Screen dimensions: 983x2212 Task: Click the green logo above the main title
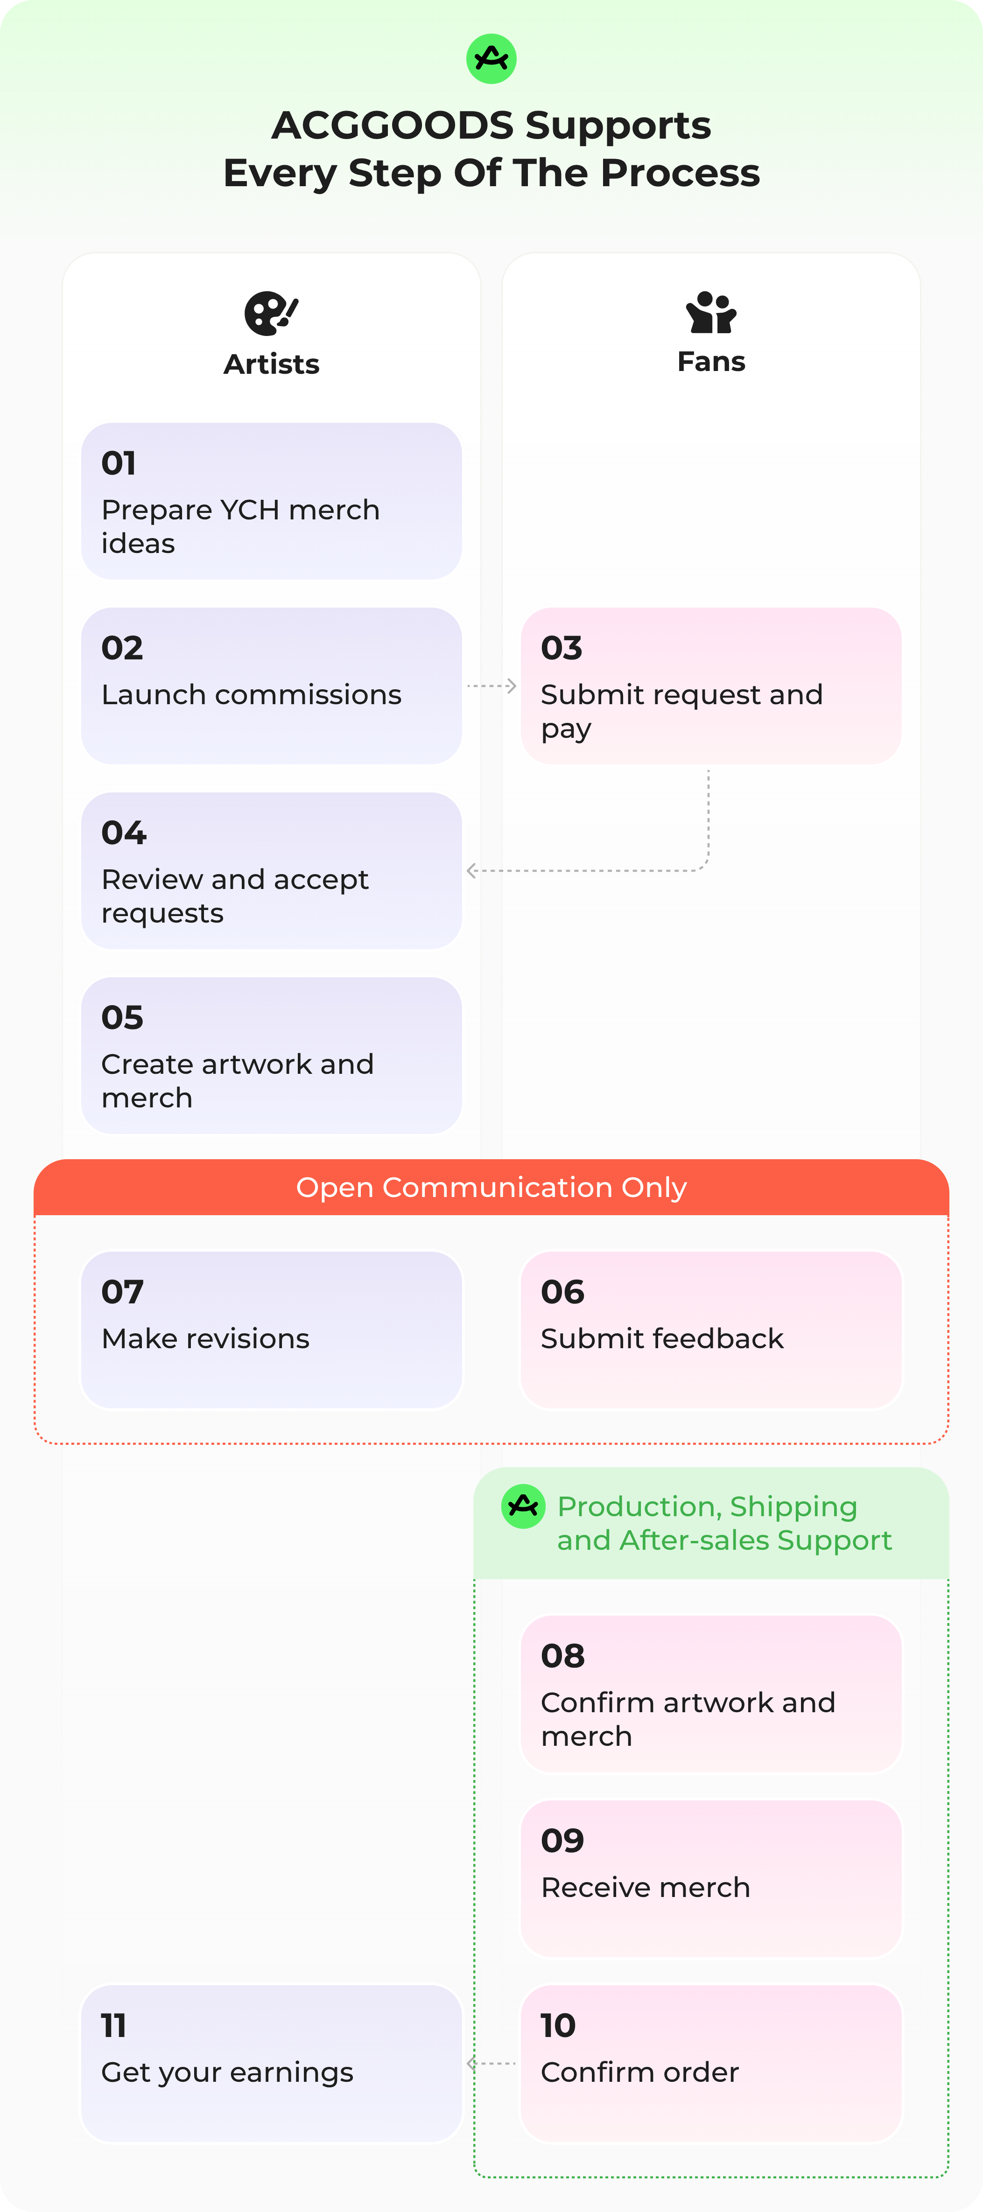click(x=491, y=58)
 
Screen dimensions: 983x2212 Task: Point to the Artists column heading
click(x=271, y=364)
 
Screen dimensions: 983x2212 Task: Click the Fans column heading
click(x=711, y=362)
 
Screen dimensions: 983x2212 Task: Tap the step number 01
click(x=119, y=464)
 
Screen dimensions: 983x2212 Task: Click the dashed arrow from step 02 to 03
click(x=491, y=686)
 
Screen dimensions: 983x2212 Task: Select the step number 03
click(x=562, y=648)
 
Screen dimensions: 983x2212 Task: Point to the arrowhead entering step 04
click(x=471, y=871)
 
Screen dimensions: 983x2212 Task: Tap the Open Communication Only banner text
click(x=491, y=1188)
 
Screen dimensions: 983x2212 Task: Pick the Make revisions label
click(x=205, y=1339)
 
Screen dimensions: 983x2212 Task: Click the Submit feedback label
click(x=662, y=1339)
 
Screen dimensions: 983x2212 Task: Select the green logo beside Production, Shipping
click(x=523, y=1506)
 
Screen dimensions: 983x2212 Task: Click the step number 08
click(x=562, y=1656)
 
